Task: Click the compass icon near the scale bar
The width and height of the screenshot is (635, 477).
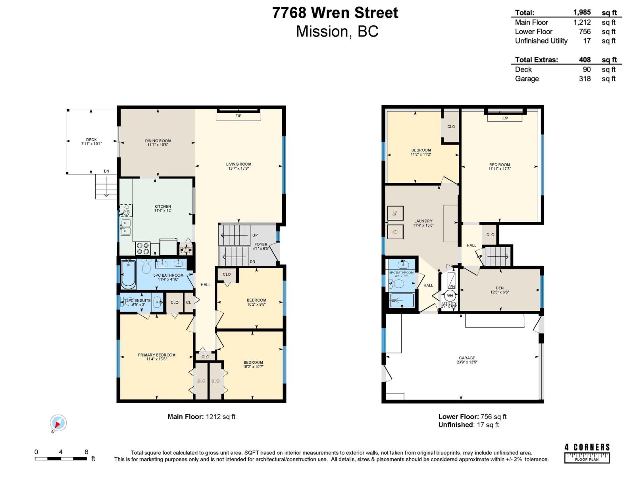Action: (58, 423)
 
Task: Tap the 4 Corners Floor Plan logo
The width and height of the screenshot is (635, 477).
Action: (587, 453)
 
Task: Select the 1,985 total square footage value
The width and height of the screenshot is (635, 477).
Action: (582, 12)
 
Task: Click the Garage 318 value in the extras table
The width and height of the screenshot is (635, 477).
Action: (585, 79)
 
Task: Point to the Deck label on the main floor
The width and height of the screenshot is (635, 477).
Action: (91, 140)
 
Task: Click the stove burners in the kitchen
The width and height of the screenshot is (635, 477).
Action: (143, 248)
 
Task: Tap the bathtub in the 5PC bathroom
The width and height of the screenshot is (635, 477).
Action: (128, 274)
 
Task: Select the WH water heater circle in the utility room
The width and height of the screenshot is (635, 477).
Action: (450, 296)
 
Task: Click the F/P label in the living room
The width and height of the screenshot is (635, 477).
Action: (238, 116)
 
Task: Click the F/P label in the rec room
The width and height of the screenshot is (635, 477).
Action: (505, 118)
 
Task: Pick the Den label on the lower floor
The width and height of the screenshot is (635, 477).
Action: (499, 288)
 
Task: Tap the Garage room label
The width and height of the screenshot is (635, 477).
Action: (467, 358)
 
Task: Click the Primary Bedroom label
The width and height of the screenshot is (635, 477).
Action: (156, 355)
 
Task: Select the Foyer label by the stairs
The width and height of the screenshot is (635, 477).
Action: (261, 244)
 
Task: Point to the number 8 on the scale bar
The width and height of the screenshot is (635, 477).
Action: (86, 452)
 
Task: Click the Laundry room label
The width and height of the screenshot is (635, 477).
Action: (423, 221)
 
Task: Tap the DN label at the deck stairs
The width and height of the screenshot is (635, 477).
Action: (106, 171)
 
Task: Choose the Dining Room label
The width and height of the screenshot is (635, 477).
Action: (158, 141)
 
